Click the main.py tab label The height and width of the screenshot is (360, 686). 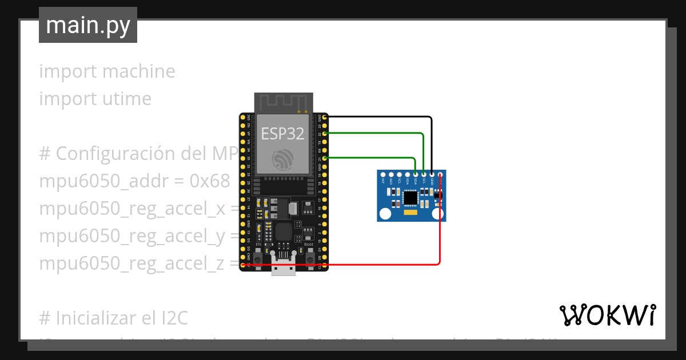[x=87, y=25]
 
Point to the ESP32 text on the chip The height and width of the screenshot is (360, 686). [x=283, y=133]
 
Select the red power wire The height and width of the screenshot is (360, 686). [x=343, y=265]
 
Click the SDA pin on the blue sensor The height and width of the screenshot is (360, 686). [x=415, y=174]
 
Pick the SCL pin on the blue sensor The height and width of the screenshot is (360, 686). [x=424, y=174]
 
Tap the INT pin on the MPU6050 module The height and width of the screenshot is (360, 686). [x=382, y=174]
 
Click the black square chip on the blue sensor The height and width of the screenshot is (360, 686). [x=411, y=198]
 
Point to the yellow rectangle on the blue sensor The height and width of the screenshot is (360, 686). [x=411, y=213]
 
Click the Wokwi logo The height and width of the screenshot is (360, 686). [x=607, y=315]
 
